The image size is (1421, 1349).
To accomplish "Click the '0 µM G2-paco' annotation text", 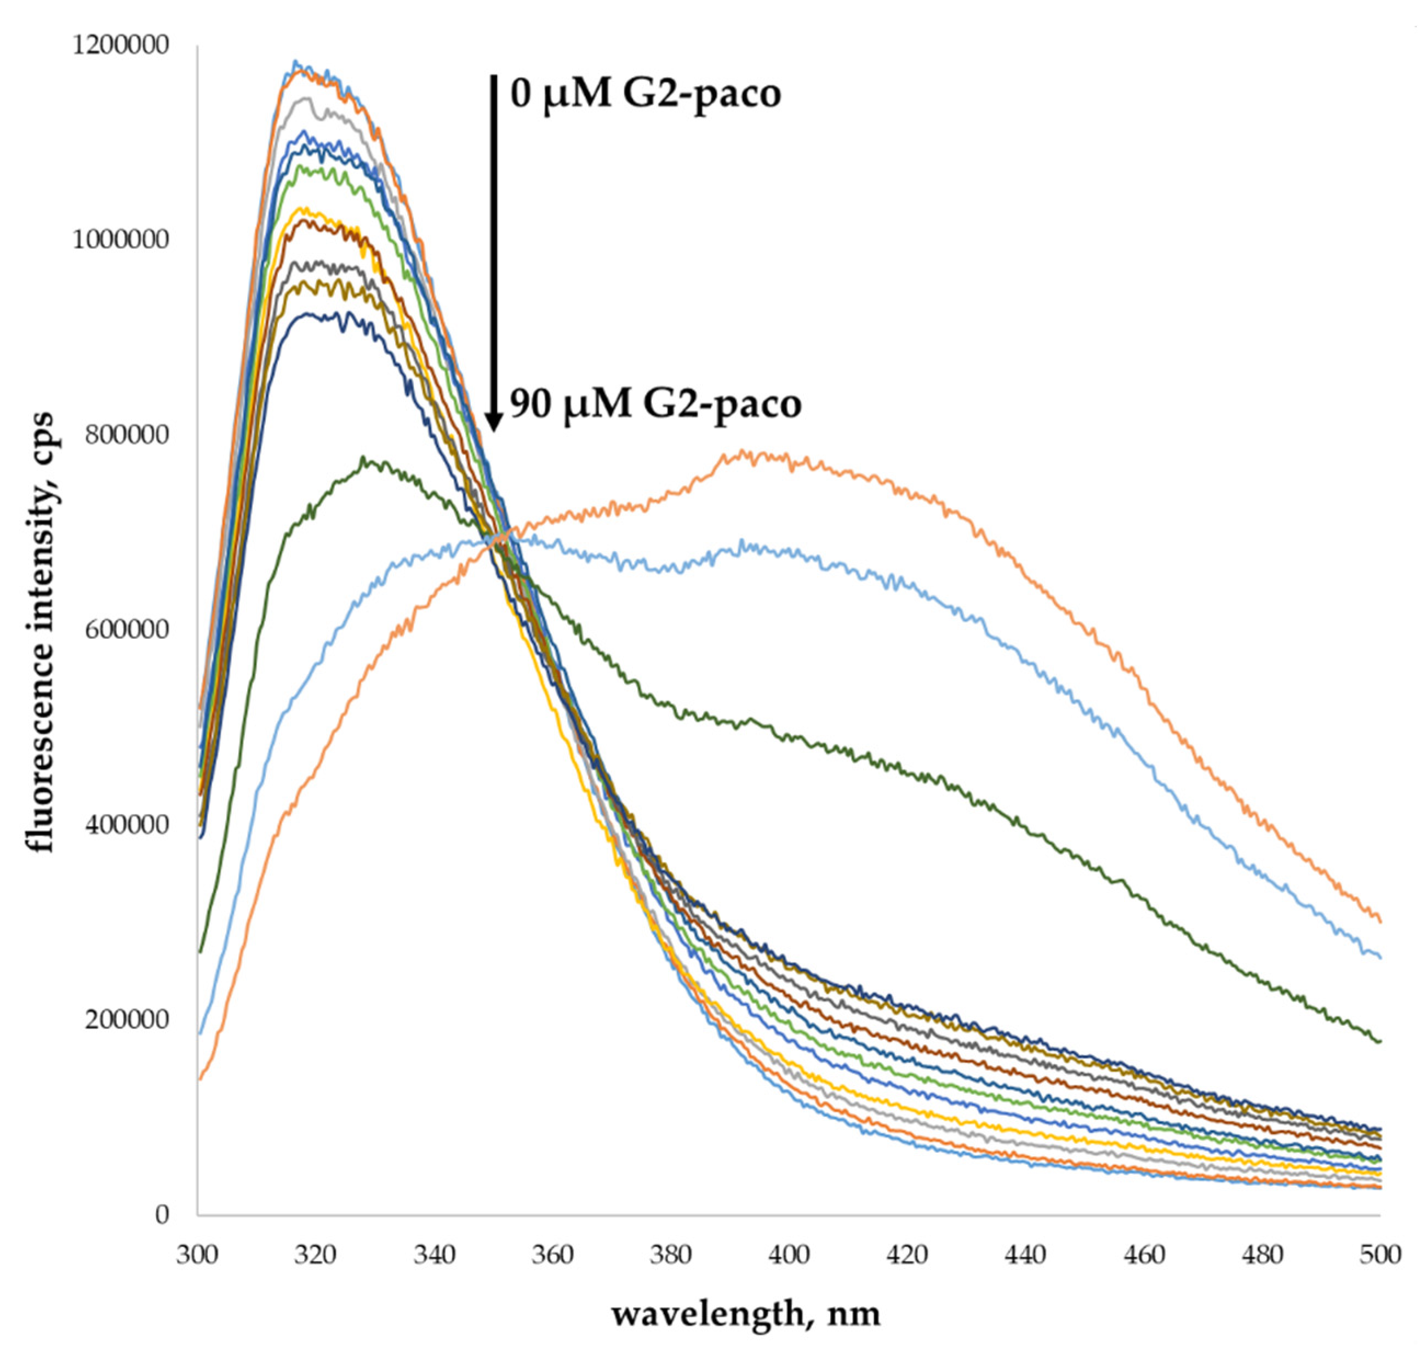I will click(645, 94).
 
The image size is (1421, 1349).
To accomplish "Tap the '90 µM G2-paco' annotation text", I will click(655, 404).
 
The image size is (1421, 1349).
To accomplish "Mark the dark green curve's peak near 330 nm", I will click(364, 458).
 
